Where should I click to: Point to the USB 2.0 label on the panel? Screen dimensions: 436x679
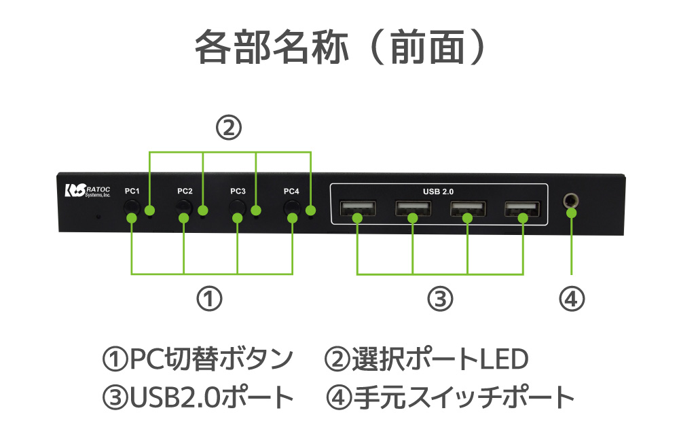438,192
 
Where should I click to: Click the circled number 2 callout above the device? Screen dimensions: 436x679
229,128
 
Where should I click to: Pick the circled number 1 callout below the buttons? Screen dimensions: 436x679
210,298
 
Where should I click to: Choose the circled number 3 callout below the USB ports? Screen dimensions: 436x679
439,298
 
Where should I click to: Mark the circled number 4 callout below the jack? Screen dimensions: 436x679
572,298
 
